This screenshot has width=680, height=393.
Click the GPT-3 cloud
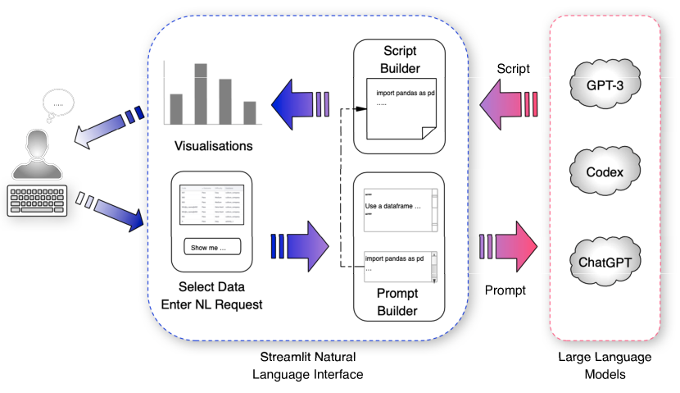(605, 84)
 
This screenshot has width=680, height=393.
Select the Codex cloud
(605, 173)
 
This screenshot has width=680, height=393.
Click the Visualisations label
(213, 147)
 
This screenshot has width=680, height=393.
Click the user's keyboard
(38, 199)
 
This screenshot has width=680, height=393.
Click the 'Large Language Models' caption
(605, 365)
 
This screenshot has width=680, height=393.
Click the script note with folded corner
(400, 106)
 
